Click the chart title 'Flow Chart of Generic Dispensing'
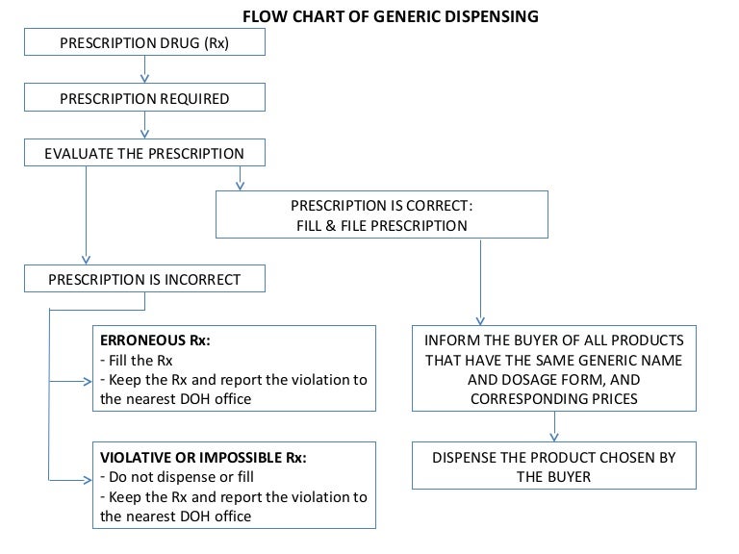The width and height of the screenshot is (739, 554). point(390,16)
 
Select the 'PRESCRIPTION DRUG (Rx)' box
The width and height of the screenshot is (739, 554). point(144,42)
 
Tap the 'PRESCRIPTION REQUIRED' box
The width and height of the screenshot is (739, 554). point(144,98)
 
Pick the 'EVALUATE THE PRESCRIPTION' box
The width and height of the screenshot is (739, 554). point(144,153)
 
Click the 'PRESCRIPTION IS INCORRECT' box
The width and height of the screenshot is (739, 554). point(144,280)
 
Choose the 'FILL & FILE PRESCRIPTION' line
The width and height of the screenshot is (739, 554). point(382,226)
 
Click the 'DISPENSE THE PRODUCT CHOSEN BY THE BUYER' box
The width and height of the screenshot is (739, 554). point(553,466)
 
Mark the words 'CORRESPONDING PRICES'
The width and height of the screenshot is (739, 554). point(553,397)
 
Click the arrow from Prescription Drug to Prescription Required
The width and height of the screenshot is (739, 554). point(144,70)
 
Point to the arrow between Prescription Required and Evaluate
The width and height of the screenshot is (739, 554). point(144,125)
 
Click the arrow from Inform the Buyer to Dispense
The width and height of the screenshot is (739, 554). point(553,426)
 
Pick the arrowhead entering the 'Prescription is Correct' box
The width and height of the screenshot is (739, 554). point(240,183)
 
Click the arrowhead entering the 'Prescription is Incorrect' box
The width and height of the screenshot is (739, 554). point(87,259)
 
